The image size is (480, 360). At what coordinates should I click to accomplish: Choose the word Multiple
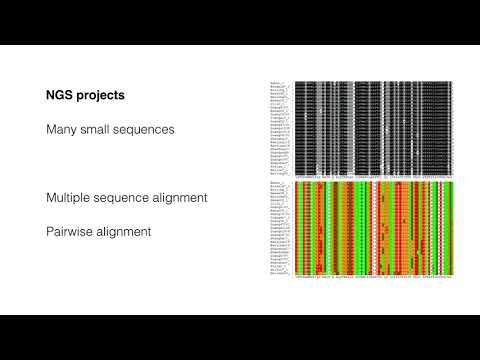70,198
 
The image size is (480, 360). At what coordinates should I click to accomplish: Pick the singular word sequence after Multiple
129,198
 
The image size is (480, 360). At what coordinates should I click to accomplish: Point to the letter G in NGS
62,97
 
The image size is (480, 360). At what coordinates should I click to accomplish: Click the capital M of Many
51,131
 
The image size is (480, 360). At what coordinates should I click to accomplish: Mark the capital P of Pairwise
50,231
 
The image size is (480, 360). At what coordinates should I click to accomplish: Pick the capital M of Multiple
51,198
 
